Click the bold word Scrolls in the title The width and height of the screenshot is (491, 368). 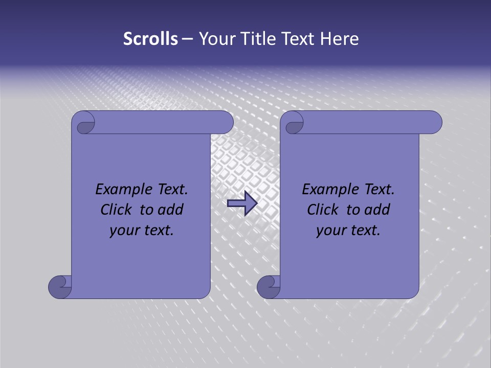point(150,39)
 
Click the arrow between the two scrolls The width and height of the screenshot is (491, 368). point(242,203)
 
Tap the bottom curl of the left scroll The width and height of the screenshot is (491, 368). point(59,286)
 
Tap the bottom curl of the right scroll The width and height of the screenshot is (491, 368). point(268,286)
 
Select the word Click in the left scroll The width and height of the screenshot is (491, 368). point(115,210)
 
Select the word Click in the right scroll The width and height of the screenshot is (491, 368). point(322,210)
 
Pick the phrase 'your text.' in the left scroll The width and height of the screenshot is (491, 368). point(142,231)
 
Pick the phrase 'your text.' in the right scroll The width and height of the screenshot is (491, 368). point(348,231)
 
